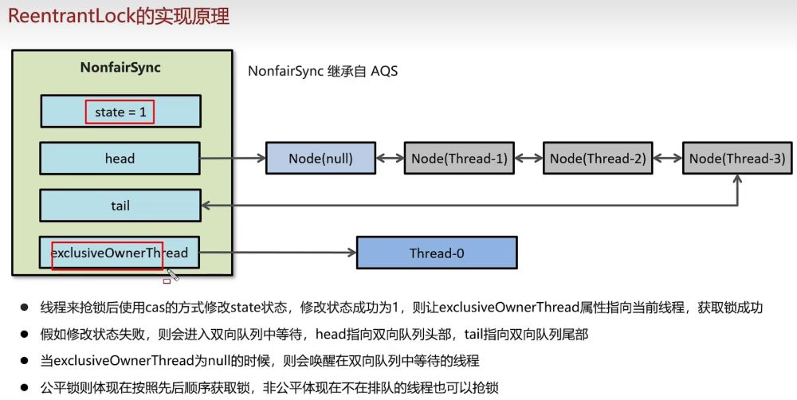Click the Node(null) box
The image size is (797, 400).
[x=320, y=159]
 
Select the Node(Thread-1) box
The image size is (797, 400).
[x=459, y=159]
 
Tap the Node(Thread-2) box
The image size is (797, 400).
[x=598, y=159]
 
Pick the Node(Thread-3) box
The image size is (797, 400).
[x=737, y=159]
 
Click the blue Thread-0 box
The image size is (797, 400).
[x=436, y=253]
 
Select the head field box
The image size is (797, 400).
[x=120, y=159]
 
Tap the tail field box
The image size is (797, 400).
[x=120, y=206]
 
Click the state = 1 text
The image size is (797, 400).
[x=120, y=112]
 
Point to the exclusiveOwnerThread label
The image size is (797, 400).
[x=120, y=253]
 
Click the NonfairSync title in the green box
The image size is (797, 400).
[x=120, y=68]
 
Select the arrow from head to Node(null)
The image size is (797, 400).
[x=233, y=159]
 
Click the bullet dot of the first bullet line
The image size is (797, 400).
[x=25, y=307]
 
